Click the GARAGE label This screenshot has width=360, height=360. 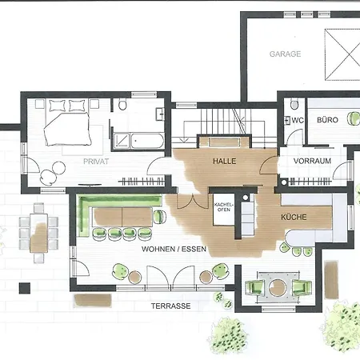285,54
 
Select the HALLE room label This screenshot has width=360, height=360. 224,161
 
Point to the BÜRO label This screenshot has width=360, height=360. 327,120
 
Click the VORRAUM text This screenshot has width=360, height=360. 312,161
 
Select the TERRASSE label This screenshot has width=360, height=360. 172,306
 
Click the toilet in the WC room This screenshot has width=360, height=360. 294,104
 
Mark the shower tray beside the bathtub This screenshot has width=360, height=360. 121,141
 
